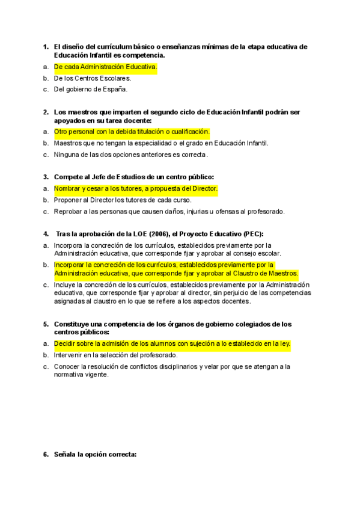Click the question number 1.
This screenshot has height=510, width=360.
[x=45, y=46]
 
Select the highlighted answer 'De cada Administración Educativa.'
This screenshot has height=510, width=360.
[x=105, y=67]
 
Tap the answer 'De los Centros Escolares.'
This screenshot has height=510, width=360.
[x=92, y=78]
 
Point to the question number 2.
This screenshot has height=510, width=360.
[x=45, y=112]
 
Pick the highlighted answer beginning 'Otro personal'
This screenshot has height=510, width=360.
[x=132, y=132]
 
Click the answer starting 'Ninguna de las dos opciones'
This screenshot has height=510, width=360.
[x=130, y=155]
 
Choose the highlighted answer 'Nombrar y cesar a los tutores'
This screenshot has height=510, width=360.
[x=135, y=189]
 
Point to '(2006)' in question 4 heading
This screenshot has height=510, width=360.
[x=174, y=233]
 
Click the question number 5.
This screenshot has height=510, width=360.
[x=45, y=324]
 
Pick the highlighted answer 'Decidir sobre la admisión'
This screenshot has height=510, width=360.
[x=172, y=343]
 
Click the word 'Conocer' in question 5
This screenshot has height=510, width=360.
[x=66, y=366]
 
